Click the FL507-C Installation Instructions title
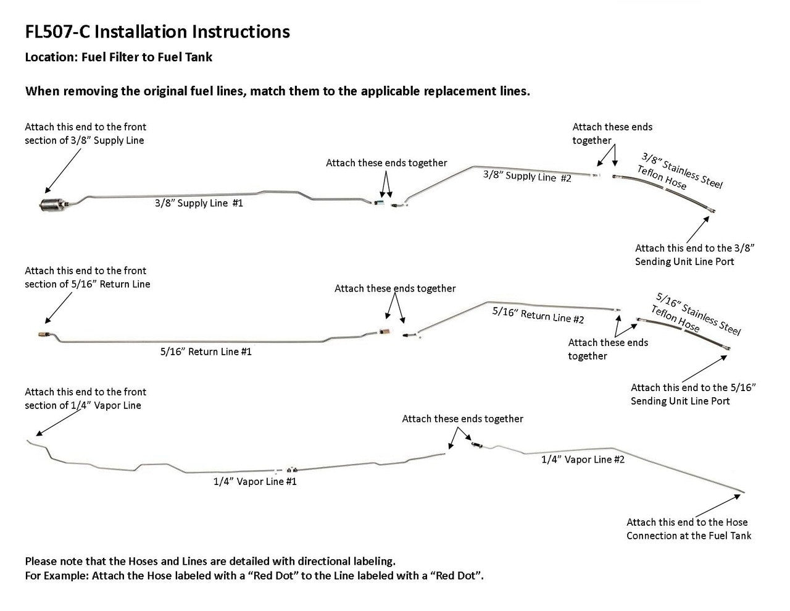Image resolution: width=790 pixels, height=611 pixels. (157, 32)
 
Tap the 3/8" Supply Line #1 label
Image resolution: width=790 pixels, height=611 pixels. (199, 203)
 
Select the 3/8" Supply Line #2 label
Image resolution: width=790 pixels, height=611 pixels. (526, 177)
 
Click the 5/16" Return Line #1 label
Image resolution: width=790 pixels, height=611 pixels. (206, 352)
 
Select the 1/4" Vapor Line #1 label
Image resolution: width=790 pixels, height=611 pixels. (255, 481)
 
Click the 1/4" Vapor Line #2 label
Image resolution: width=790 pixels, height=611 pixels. (583, 460)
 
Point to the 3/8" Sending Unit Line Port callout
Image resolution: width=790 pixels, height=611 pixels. (695, 255)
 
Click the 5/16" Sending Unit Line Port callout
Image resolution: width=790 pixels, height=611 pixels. (693, 394)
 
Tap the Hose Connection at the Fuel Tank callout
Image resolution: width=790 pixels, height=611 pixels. (689, 529)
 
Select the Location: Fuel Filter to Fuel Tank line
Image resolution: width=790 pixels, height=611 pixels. (118, 57)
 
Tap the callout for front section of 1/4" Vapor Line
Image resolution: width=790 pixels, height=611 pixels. (85, 398)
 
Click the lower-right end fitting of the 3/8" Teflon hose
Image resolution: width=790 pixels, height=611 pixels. (711, 211)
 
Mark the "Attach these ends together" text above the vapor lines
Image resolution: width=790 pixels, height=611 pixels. (462, 419)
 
